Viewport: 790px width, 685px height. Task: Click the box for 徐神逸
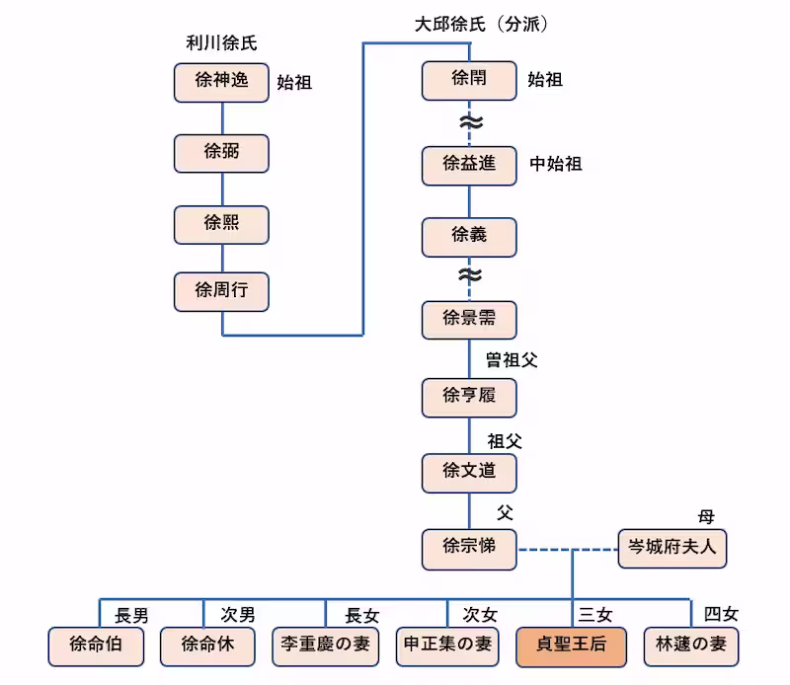[221, 82]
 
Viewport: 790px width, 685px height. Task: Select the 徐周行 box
[221, 290]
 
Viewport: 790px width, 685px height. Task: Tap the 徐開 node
[469, 80]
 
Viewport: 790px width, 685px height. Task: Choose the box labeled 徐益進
[469, 165]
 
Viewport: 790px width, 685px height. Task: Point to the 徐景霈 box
[469, 318]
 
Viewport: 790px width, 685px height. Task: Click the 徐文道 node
[469, 472]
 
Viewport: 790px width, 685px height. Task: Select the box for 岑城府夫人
[672, 547]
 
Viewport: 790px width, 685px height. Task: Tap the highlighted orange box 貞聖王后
[572, 646]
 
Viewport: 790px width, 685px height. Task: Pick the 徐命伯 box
[97, 646]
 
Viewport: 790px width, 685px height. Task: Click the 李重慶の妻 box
[325, 646]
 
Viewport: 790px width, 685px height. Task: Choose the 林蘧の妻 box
[691, 646]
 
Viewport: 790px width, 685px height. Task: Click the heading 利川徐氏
[221, 42]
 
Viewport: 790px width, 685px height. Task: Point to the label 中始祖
[556, 165]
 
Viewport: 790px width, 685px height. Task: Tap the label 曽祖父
[511, 360]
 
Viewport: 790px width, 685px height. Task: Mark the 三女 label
[596, 615]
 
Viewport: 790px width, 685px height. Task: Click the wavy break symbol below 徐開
[470, 122]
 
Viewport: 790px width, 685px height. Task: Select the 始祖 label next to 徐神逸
[294, 83]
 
